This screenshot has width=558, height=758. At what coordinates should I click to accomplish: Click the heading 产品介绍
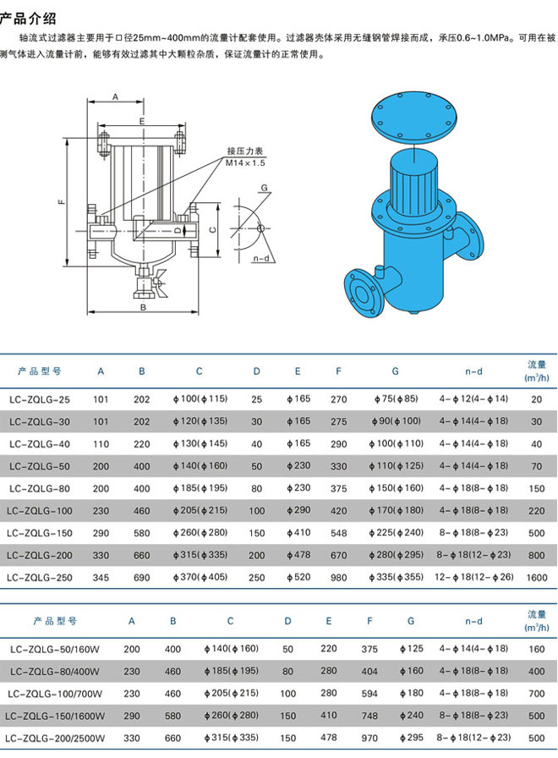(28, 19)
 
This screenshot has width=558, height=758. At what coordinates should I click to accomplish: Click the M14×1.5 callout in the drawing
(245, 163)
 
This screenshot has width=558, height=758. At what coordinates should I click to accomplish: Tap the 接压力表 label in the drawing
(245, 151)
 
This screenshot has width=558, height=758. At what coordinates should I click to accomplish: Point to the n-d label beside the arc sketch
(261, 259)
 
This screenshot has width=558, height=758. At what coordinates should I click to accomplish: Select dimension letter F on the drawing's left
(62, 201)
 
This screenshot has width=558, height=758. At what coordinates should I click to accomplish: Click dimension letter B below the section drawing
(143, 307)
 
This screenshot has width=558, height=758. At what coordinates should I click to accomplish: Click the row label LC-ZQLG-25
(39, 400)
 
